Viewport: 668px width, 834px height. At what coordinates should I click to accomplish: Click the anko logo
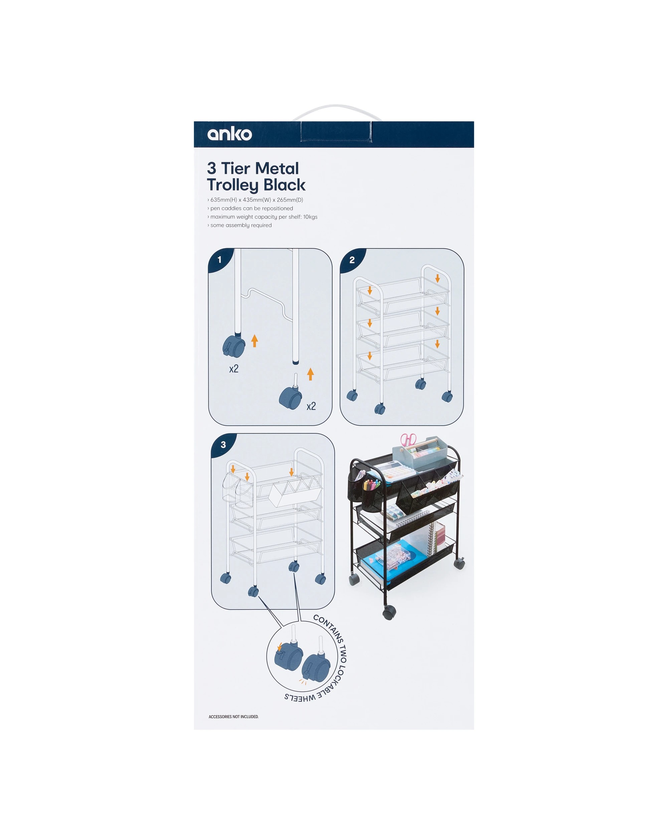click(230, 134)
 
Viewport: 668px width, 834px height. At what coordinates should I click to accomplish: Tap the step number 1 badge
click(219, 260)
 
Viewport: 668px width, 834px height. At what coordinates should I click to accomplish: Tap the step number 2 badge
click(352, 260)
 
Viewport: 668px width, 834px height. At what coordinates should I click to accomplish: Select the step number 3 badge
click(223, 445)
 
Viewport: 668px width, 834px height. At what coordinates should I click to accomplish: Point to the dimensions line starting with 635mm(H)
click(255, 200)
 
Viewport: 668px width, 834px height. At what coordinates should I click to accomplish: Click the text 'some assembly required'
click(240, 225)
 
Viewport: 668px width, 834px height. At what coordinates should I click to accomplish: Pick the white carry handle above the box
click(337, 112)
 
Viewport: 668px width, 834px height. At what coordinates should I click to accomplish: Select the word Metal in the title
click(277, 169)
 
